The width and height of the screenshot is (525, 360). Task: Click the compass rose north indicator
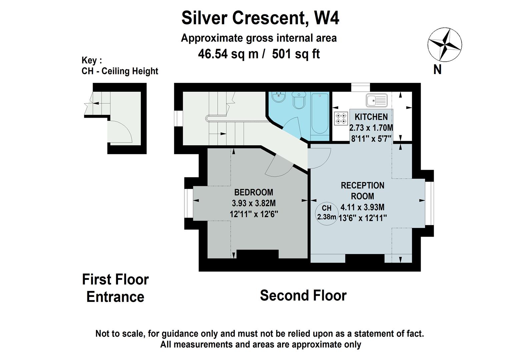444,45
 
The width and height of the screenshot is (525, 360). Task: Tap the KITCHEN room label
371,117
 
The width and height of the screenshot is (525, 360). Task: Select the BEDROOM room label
253,192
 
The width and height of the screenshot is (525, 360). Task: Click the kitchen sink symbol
377,100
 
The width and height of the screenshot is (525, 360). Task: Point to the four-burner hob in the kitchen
341,119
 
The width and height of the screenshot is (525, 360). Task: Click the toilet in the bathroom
298,100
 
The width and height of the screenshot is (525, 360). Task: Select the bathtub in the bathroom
320,113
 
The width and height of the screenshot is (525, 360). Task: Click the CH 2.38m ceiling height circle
326,213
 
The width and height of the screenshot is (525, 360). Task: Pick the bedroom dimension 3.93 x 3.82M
254,203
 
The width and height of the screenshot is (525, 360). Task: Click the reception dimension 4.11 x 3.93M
362,207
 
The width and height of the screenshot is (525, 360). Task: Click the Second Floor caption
303,296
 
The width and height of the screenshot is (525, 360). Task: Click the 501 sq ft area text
296,54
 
